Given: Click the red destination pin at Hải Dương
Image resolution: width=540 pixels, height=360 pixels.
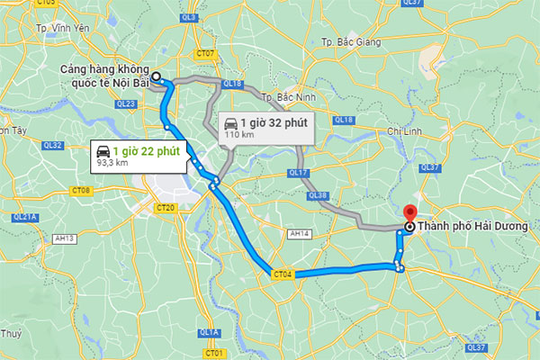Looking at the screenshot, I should pyautogui.click(x=409, y=214).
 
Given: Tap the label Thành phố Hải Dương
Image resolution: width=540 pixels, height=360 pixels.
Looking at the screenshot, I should pyautogui.click(x=470, y=227).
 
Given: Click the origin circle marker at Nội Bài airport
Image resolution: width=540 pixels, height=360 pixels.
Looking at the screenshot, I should pyautogui.click(x=155, y=77).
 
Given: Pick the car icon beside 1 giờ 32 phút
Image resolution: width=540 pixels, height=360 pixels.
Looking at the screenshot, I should pyautogui.click(x=231, y=122).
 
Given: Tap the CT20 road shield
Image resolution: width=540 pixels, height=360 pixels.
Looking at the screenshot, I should pyautogui.click(x=165, y=208).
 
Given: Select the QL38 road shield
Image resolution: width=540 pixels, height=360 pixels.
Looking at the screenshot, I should pyautogui.click(x=317, y=194).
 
